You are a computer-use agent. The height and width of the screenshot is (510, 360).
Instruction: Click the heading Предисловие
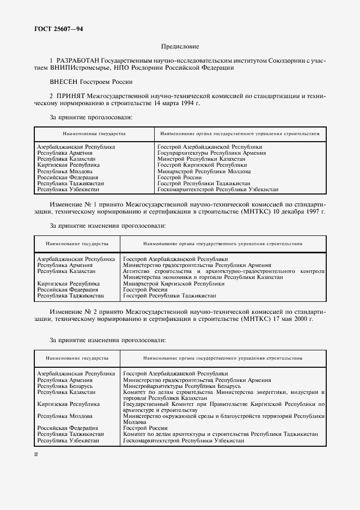pos(180,47)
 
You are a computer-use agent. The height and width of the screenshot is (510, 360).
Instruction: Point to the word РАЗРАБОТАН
pos(76,61)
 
